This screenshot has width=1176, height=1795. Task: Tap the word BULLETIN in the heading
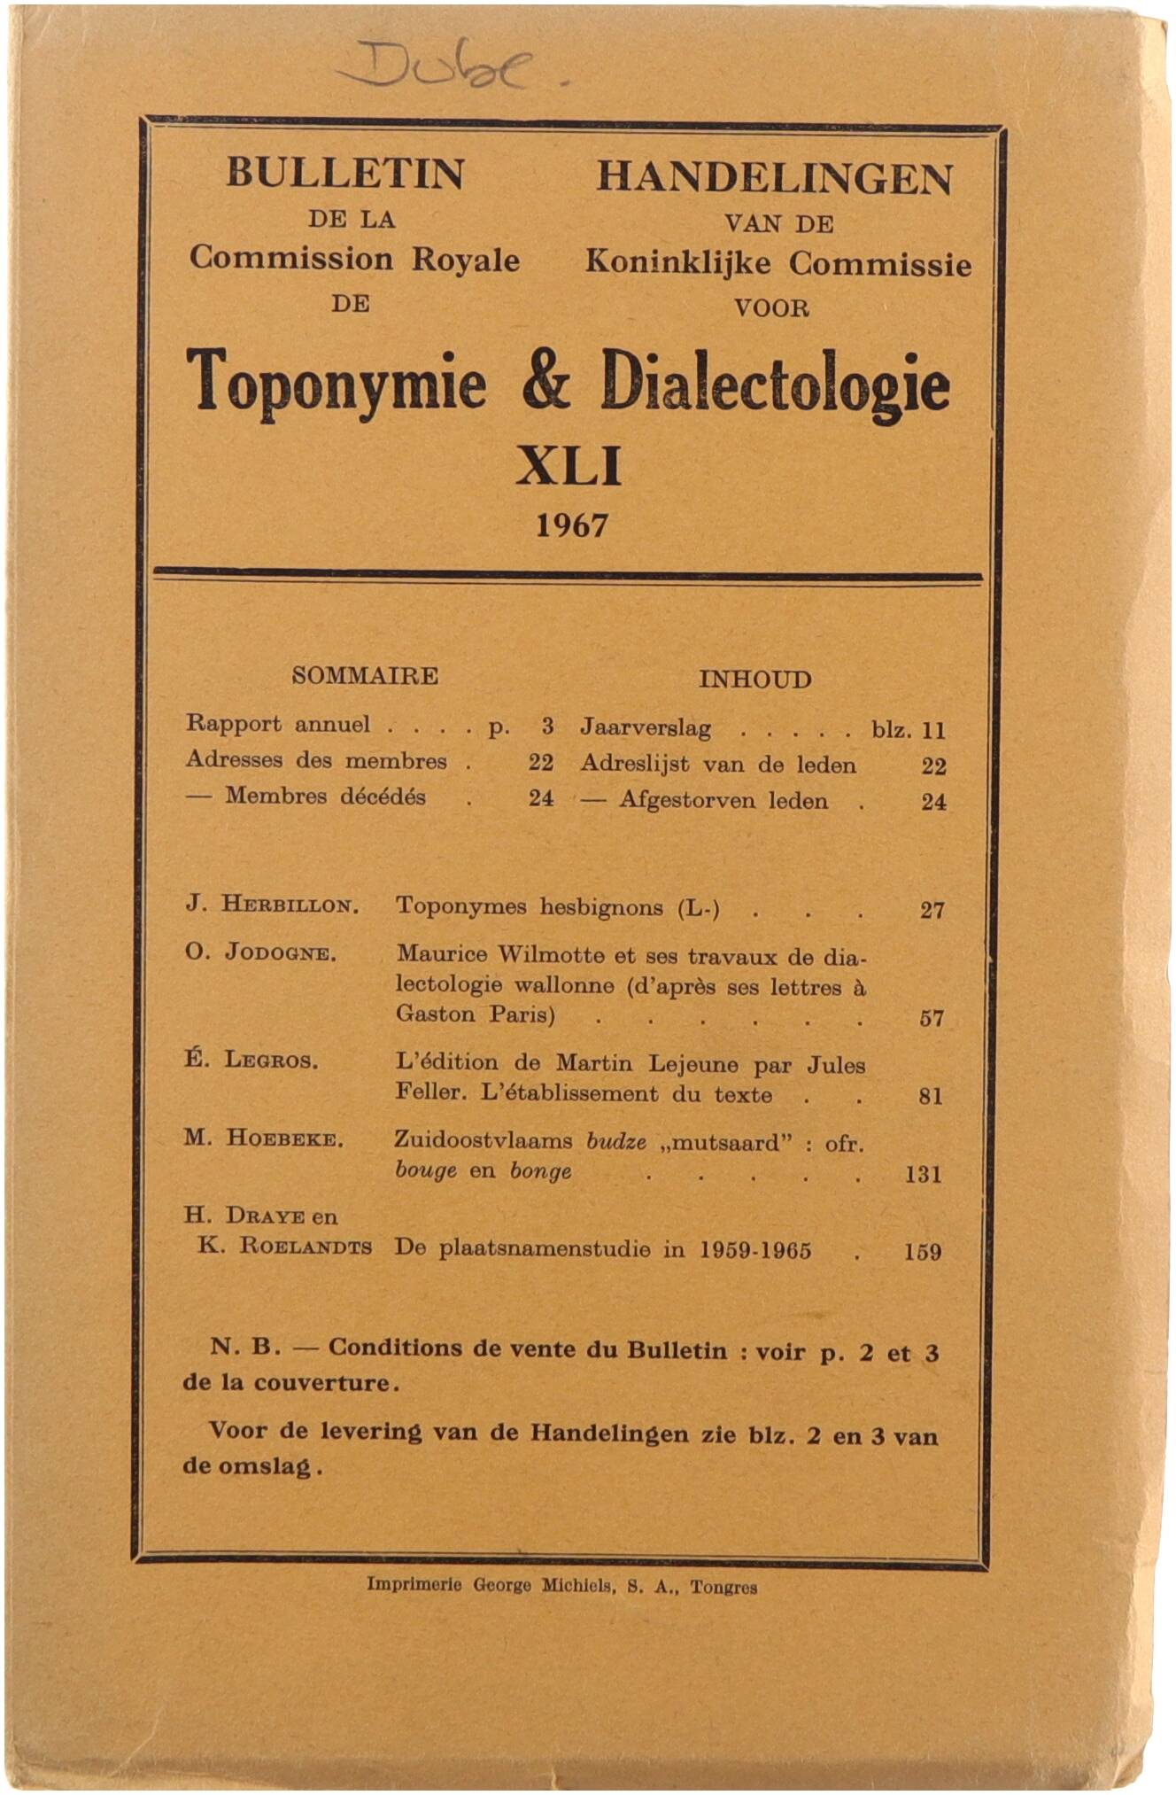(345, 173)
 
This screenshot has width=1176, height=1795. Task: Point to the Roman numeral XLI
(569, 466)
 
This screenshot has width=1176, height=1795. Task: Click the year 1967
(572, 525)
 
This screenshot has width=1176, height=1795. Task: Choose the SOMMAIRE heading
(365, 676)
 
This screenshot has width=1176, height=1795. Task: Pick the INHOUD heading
(754, 680)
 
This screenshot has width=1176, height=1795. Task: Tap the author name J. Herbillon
(272, 905)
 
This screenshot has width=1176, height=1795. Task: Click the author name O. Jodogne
(260, 953)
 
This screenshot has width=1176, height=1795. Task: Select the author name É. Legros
(251, 1059)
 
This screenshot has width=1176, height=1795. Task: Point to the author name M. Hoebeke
(263, 1138)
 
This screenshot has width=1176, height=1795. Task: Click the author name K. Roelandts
(284, 1246)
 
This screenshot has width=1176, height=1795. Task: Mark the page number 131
(924, 1175)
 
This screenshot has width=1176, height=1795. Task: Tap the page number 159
(923, 1252)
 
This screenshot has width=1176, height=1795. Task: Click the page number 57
(932, 1018)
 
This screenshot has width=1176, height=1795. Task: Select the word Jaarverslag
(646, 728)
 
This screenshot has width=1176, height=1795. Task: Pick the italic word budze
(616, 1142)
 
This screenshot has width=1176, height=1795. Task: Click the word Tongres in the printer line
(723, 1587)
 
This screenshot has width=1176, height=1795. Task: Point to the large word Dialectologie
(775, 386)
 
